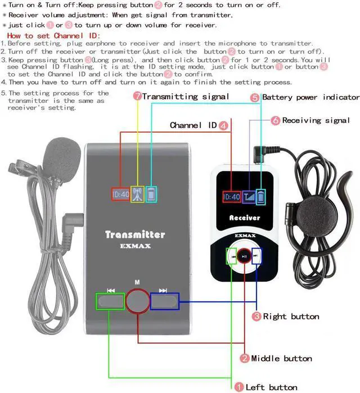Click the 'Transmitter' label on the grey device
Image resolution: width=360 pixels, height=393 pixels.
pos(135,234)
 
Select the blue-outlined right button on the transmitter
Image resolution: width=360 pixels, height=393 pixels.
pos(164,301)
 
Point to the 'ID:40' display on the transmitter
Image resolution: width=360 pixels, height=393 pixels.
pos(120,194)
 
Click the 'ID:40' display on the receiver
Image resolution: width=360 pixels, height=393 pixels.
pos(232,196)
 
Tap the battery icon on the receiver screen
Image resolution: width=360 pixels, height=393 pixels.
pos(260,196)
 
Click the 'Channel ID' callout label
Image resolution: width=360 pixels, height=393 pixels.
pos(193,125)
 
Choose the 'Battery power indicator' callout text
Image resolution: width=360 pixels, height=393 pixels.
pos(310,97)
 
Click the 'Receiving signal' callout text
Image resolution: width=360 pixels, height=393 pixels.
pos(316,120)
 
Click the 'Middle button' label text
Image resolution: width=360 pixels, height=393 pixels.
pos(281,358)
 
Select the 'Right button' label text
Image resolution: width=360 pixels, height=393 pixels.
pos(291,317)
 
